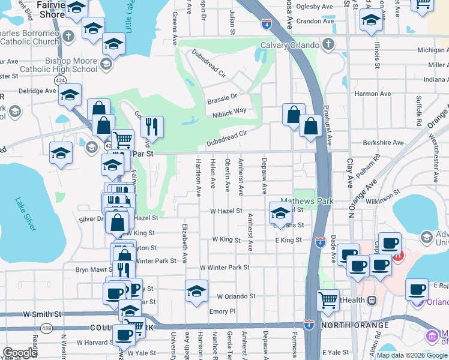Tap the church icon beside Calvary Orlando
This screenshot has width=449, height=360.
[x=328, y=44]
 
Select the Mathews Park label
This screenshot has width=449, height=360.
[x=306, y=202]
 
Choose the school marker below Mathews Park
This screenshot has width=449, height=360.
[x=280, y=212]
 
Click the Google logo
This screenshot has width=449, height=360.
[x=20, y=353]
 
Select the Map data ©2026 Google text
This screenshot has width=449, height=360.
[x=412, y=355]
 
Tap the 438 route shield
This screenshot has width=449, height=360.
[x=47, y=328]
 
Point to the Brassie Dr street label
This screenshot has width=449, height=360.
[x=221, y=96]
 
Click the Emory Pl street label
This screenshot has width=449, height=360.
[x=222, y=311]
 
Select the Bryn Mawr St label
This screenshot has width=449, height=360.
[x=92, y=269]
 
